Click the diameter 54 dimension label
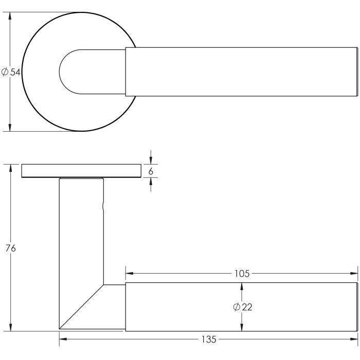point(11,73)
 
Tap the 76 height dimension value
point(10,248)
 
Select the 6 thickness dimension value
point(151,171)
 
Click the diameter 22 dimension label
point(242,307)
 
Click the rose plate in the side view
point(81,171)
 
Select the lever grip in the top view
point(242,72)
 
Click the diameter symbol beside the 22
point(236,307)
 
